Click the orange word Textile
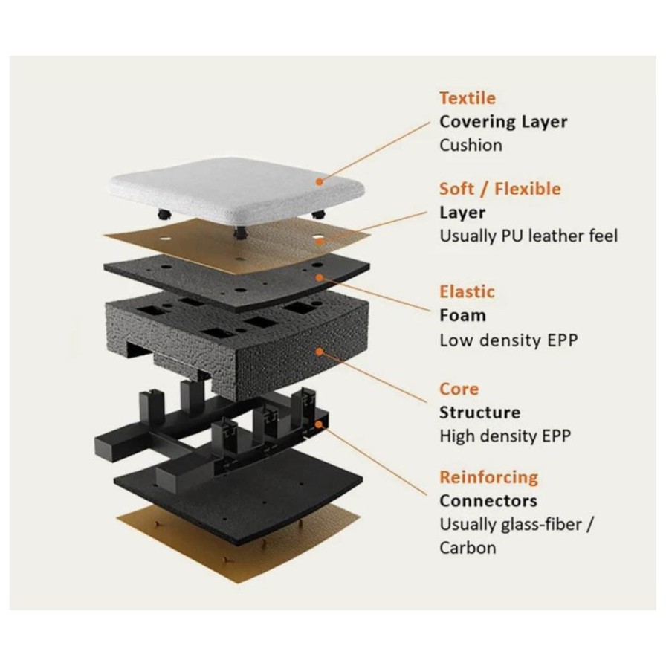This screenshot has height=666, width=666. (467, 98)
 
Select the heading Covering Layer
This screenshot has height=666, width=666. (503, 121)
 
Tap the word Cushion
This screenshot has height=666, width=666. (471, 145)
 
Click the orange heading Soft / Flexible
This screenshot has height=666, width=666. (500, 189)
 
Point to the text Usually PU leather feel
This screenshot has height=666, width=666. (528, 236)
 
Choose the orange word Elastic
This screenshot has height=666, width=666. (467, 291)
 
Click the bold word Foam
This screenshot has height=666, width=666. (462, 315)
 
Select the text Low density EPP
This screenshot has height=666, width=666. (508, 341)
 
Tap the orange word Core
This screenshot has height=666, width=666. (459, 389)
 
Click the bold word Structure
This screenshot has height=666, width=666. (479, 413)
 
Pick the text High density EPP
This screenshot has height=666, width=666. (505, 436)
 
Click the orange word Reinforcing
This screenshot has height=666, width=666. (488, 477)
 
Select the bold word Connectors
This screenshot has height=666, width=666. (488, 500)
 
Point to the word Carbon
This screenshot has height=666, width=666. (468, 548)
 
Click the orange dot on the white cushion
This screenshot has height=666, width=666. (320, 179)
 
